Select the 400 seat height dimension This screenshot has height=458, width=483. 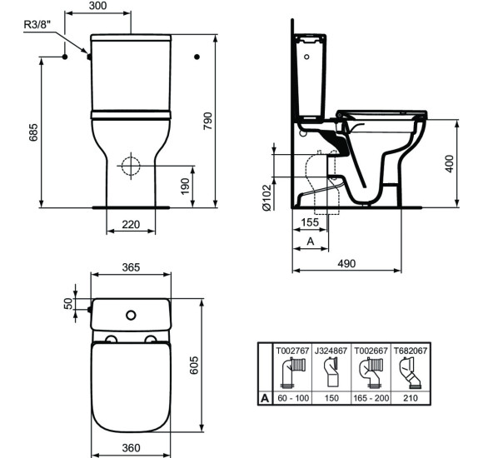[451, 163]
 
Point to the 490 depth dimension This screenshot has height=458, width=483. [346, 263]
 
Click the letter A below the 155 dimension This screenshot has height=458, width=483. [311, 241]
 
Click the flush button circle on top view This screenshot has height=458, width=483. [130, 315]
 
